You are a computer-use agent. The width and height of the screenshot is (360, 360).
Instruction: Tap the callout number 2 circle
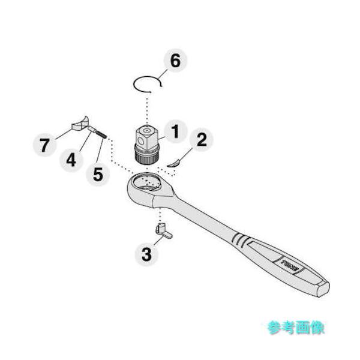pyautogui.click(x=202, y=140)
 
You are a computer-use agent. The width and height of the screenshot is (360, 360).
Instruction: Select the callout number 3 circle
pyautogui.click(x=146, y=254)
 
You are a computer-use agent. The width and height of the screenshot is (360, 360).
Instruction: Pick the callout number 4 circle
pyautogui.click(x=71, y=160)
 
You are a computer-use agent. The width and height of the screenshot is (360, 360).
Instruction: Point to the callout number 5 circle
pyautogui.click(x=98, y=175)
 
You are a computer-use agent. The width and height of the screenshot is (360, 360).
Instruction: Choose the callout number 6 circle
pyautogui.click(x=175, y=61)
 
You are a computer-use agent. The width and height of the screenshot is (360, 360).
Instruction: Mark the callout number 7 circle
pyautogui.click(x=43, y=145)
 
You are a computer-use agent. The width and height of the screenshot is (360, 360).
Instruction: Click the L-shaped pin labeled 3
pyautogui.click(x=163, y=230)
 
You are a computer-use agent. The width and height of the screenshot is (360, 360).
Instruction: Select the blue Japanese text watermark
pyautogui.click(x=295, y=327)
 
